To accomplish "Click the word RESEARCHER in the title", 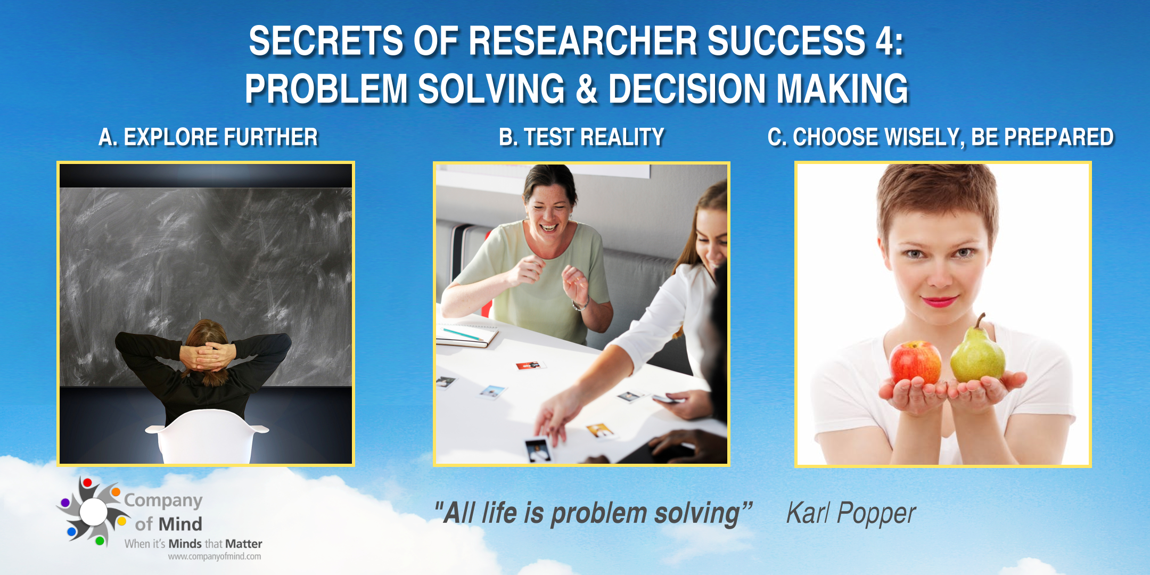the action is click(583, 41).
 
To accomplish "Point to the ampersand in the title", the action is click(587, 89).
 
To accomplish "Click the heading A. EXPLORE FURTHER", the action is click(208, 137).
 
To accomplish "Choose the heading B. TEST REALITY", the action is click(581, 137).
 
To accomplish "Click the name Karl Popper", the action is click(851, 514).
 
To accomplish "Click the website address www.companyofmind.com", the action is click(215, 557).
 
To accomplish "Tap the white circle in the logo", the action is click(94, 512).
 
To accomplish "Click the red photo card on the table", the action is click(530, 365).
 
